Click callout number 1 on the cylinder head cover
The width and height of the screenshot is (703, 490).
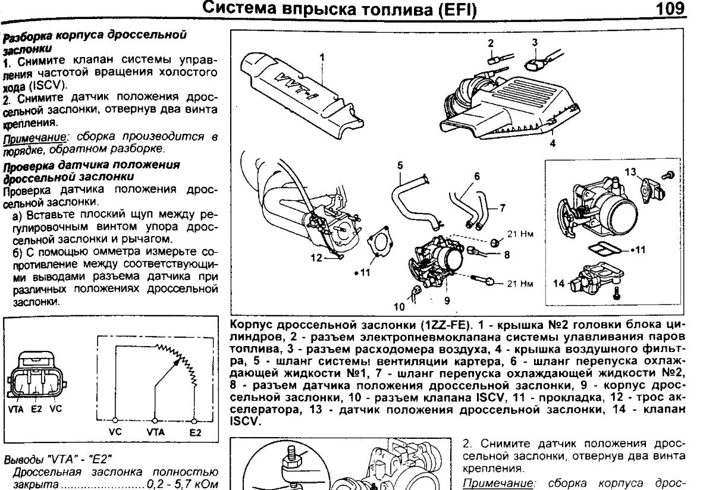[321, 57]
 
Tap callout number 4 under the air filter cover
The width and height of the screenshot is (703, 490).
[553, 143]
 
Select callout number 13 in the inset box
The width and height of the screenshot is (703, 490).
[630, 172]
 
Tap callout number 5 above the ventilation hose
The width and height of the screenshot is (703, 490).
[400, 165]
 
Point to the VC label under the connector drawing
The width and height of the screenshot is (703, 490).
[56, 409]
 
